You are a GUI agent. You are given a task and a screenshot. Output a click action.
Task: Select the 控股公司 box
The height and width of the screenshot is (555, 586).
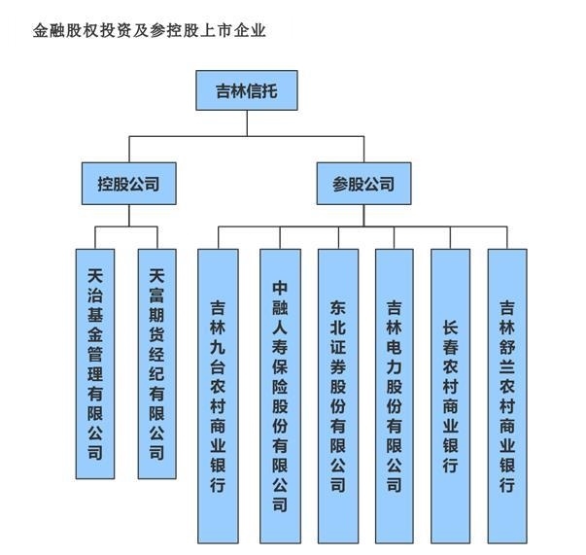[x=128, y=182]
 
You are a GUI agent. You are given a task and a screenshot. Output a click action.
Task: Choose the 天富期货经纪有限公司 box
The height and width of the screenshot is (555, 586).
[x=156, y=363]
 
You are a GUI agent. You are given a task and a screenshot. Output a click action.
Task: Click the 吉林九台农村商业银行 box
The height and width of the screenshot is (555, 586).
[x=217, y=395]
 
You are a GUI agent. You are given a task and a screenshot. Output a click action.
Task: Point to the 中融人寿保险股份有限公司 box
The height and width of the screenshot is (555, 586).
[x=280, y=395]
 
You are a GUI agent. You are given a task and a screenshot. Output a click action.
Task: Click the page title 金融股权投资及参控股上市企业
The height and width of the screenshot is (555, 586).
[x=150, y=30]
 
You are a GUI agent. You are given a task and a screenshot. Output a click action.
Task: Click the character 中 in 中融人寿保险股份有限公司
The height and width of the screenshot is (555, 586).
[x=280, y=289]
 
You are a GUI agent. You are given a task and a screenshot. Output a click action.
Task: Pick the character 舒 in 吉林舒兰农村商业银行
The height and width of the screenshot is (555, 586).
[x=507, y=351]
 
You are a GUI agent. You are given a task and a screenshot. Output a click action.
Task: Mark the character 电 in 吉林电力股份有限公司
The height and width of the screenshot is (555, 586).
[x=395, y=352]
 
